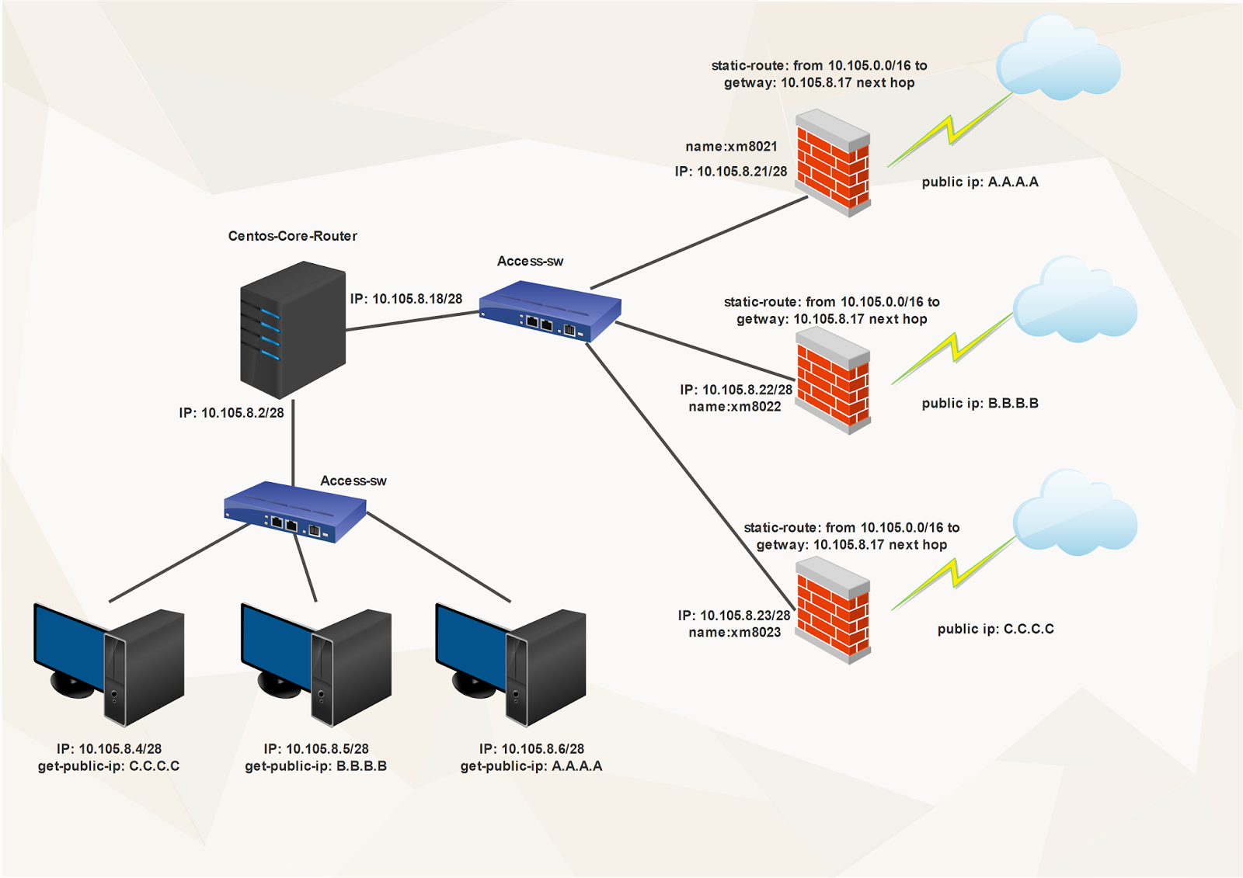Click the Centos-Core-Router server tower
293,330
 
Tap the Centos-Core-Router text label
293,236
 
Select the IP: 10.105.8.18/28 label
406,299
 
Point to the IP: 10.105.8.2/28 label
232,413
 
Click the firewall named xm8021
833,163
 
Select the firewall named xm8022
833,380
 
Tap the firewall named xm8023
833,610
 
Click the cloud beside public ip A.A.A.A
1058,61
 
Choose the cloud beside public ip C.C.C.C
1075,514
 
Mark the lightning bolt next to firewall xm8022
952,349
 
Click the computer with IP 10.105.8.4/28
109,664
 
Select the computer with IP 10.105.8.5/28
316,664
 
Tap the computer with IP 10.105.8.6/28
510,664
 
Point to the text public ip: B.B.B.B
980,404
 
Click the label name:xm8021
731,147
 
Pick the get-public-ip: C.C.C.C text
109,766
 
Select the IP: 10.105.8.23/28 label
734,616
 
